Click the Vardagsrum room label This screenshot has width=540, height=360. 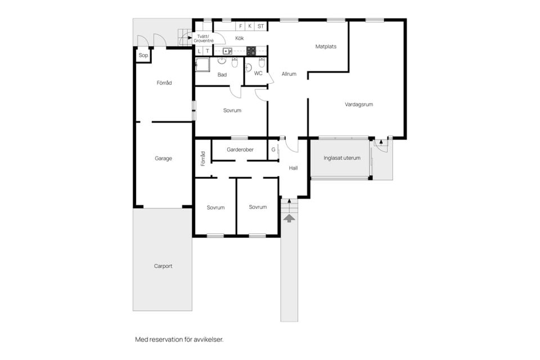point(359,105)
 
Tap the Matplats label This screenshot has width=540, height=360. point(326,47)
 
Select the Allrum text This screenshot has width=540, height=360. point(289,74)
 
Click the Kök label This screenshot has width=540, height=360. point(240,38)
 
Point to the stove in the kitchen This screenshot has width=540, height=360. point(251,51)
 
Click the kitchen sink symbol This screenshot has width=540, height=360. point(227,51)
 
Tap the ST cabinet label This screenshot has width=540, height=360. point(260,26)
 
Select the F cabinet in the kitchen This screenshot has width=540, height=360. point(240,26)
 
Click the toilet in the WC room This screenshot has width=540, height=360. point(262,63)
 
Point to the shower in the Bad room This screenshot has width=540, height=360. point(202,65)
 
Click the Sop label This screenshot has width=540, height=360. point(143,55)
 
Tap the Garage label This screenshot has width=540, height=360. point(163,159)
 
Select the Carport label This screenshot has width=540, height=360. point(163,266)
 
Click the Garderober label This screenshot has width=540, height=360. point(240,150)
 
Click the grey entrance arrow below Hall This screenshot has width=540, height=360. point(289,218)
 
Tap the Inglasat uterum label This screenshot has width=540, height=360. point(342,157)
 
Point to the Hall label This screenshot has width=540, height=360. point(294,168)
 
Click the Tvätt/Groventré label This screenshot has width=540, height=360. point(204,39)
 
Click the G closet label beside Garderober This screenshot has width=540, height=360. point(273,150)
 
